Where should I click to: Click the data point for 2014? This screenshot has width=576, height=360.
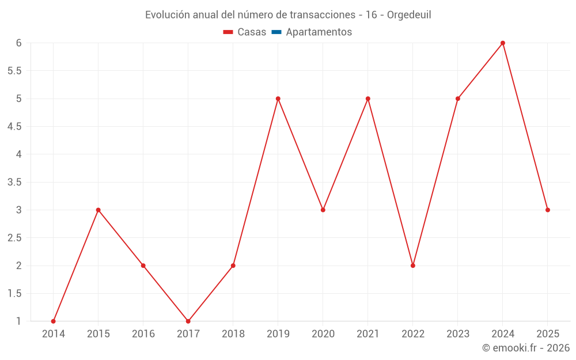[x=54, y=321]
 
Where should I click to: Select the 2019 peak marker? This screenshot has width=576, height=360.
[x=278, y=98]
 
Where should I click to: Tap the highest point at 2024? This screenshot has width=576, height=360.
[x=503, y=43]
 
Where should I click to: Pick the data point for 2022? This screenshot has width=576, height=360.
[x=413, y=266]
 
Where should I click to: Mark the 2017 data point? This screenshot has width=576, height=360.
[x=188, y=321]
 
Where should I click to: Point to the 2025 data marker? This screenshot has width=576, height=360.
[x=548, y=210]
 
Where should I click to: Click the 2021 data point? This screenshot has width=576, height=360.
[x=368, y=98]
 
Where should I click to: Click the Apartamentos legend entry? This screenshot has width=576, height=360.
[x=319, y=32]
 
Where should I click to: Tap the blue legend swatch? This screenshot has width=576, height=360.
[x=276, y=32]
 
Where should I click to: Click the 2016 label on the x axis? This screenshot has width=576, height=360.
[x=143, y=334]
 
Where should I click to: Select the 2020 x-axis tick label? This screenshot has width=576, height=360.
[x=323, y=334]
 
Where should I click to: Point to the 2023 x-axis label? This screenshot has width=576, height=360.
[x=458, y=334]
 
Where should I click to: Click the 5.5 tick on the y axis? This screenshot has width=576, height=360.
[x=14, y=71]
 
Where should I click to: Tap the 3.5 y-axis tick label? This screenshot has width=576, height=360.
[x=14, y=182]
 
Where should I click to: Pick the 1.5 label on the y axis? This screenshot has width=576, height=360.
[x=14, y=294]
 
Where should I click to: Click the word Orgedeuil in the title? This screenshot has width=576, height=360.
[x=409, y=15]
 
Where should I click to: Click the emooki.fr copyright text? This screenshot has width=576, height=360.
[x=526, y=348]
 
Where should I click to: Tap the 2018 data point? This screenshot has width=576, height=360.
[x=233, y=266]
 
